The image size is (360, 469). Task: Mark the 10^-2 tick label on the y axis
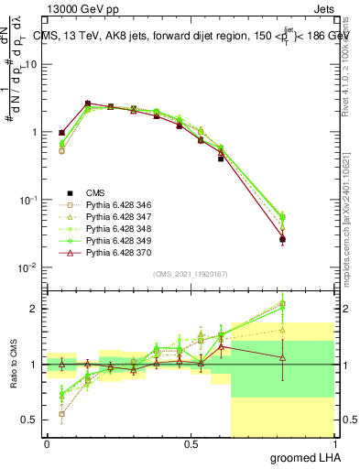(x=27, y=267)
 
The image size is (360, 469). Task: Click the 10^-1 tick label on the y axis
(x=27, y=200)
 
